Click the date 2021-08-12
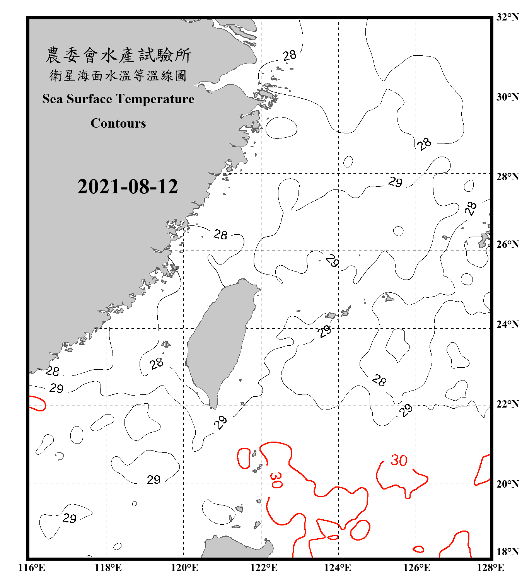[128, 187]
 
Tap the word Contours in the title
[118, 123]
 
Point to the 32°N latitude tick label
[507, 17]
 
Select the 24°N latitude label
[507, 324]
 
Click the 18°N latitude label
[507, 552]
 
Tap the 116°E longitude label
[32, 568]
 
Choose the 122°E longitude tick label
[264, 568]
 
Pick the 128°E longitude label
[490, 568]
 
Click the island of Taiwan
[218, 336]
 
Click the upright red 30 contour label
[399, 460]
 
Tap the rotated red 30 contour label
[276, 480]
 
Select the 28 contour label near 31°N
[290, 56]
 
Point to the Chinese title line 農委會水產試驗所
[118, 55]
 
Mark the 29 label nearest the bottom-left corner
[70, 518]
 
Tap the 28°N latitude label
[507, 177]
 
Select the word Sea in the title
[53, 99]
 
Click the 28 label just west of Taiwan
[157, 363]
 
